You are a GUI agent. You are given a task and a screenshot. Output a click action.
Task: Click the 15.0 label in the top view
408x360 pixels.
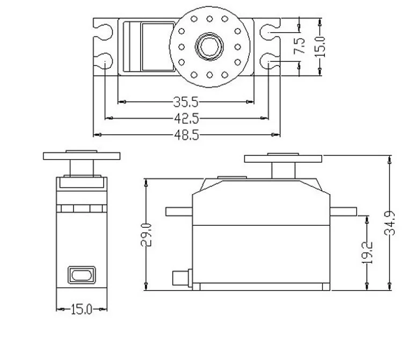[320, 46]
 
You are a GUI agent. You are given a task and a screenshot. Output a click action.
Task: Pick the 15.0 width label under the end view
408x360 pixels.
[82, 309]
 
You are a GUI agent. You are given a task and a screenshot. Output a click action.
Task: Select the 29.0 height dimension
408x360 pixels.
[146, 235]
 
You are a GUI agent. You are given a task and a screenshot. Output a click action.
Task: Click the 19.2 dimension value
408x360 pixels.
[368, 251]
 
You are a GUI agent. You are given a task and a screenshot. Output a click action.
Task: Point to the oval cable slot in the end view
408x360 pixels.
[81, 275]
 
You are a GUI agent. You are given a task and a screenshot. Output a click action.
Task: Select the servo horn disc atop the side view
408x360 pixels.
[283, 159]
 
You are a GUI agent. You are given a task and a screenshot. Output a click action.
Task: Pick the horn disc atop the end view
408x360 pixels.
[81, 156]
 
